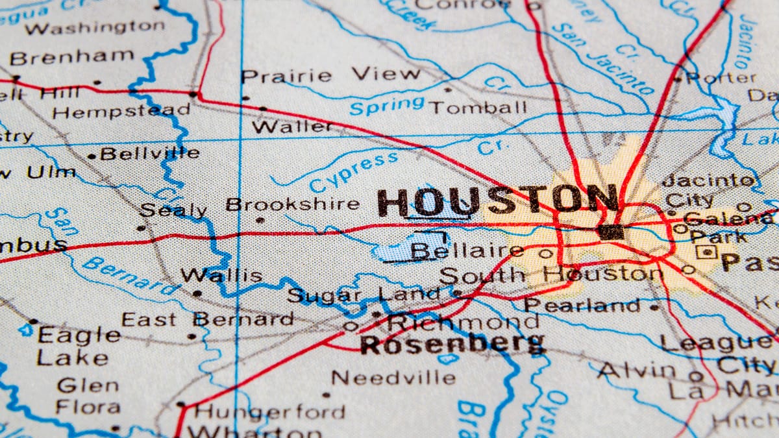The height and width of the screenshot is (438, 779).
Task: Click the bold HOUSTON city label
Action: (497, 201)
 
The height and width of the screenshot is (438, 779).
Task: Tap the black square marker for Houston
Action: (611, 232)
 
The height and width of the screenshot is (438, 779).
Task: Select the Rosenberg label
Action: (452, 344)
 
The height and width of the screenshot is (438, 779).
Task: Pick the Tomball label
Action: (478, 107)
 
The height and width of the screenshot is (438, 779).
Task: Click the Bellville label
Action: (150, 154)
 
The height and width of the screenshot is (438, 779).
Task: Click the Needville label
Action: (393, 377)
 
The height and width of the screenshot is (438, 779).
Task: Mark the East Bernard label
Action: (208, 319)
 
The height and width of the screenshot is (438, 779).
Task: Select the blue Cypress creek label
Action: (354, 171)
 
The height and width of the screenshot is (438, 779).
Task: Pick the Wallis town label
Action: (221, 275)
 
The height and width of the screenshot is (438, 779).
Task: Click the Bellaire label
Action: (467, 250)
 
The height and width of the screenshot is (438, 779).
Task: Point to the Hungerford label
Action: (269, 411)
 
